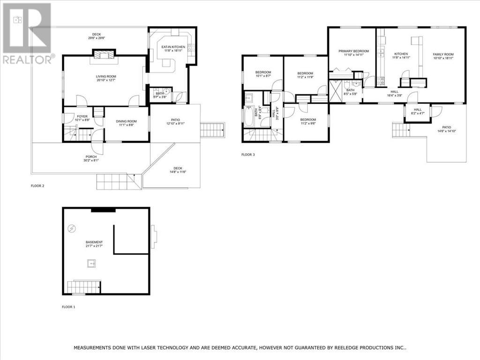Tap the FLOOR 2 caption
click(37, 186)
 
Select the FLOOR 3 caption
click(248, 154)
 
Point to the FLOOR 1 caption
click(68, 307)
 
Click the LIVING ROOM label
click(106, 76)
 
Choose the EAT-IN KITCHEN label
click(173, 47)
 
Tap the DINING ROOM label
click(127, 121)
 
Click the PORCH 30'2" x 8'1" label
click(91, 158)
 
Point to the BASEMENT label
click(94, 242)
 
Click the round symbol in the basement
click(72, 229)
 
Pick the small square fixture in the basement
click(90, 263)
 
